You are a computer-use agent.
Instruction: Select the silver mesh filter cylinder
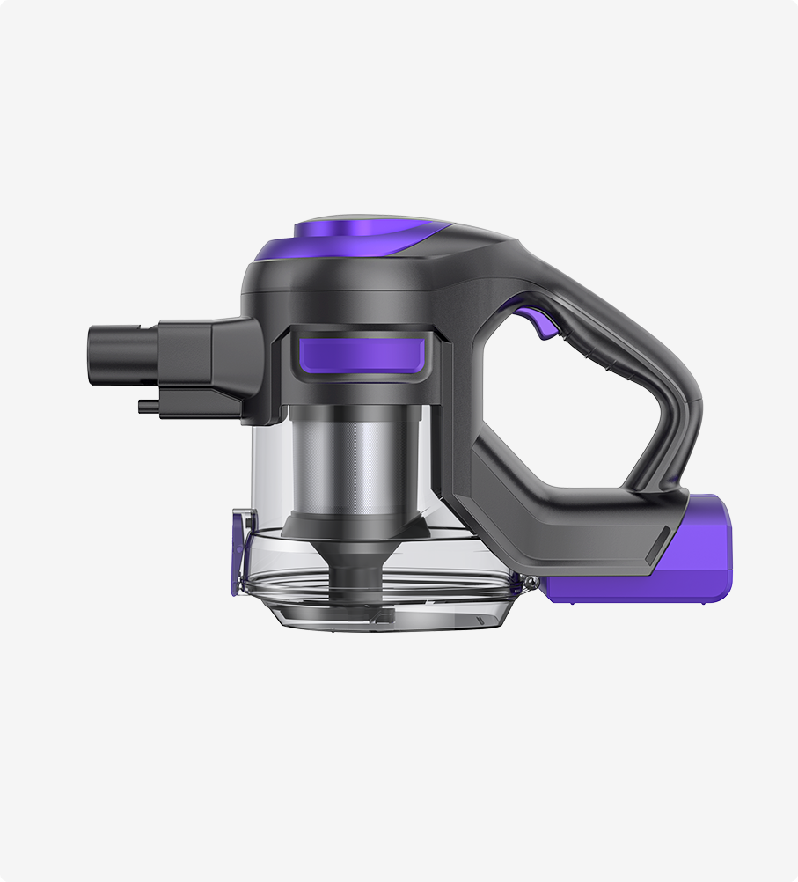(355, 462)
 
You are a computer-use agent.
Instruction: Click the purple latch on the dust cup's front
(238, 555)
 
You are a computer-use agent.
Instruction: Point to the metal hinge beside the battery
(531, 581)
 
